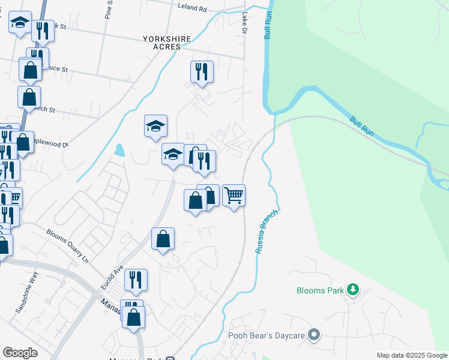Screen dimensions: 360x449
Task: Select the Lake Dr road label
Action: point(244,23)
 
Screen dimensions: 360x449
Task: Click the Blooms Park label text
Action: point(321,291)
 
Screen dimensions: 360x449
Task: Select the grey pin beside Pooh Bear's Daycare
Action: point(313,335)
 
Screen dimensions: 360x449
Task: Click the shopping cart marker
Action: point(234,195)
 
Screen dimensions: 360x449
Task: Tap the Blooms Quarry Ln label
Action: point(67,245)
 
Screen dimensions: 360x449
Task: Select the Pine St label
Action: point(109,10)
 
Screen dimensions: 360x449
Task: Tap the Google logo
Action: point(20,353)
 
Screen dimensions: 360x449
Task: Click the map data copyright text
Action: point(412,355)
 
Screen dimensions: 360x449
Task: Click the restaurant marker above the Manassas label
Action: point(136,280)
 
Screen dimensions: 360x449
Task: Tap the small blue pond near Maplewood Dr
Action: point(119,149)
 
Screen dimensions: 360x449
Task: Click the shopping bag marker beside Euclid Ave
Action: point(163,239)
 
